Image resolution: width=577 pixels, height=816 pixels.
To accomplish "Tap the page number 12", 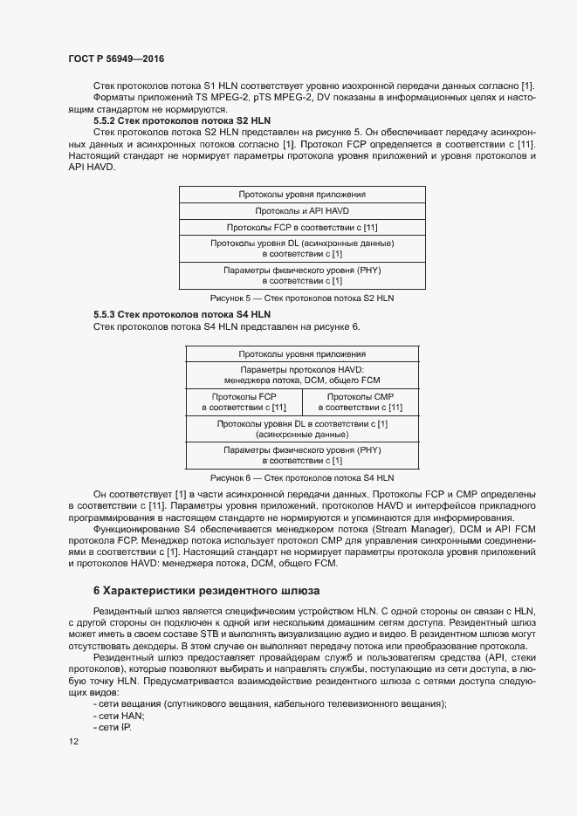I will (73, 741).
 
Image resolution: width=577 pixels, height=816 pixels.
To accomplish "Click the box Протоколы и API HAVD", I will (301, 211).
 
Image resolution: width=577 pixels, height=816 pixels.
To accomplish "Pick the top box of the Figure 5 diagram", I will (301, 195).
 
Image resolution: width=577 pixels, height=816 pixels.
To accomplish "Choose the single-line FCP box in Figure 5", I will (301, 228).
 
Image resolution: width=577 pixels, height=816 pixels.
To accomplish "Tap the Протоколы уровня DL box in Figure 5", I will (301, 248).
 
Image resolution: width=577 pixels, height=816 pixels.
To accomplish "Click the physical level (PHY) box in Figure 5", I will (301, 276).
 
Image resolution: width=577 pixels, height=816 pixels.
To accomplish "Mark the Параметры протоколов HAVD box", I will (301, 374).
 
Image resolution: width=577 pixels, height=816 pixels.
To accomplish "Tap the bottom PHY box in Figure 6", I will (301, 456).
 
